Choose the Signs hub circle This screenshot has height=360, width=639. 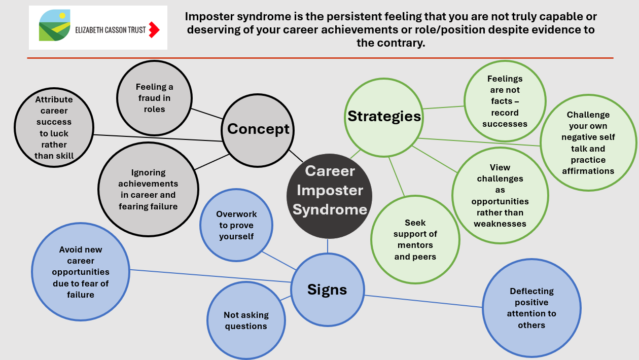pyautogui.click(x=328, y=290)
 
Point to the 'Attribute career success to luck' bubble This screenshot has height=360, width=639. pyautogui.click(x=54, y=128)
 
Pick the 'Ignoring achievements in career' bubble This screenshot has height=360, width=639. pyautogui.click(x=148, y=190)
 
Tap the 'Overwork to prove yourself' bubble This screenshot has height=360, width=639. pyautogui.click(x=236, y=226)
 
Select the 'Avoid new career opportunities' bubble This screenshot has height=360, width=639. pyautogui.click(x=81, y=272)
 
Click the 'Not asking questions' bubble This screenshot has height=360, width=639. pyautogui.click(x=246, y=320)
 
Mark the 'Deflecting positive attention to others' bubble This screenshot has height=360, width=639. pyautogui.click(x=531, y=308)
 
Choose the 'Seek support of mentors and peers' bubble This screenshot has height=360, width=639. pyautogui.click(x=415, y=240)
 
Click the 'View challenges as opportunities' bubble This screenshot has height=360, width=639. pyautogui.click(x=500, y=196)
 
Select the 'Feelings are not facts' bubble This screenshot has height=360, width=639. pyautogui.click(x=505, y=101)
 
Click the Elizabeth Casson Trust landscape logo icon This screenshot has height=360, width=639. pyautogui.click(x=55, y=27)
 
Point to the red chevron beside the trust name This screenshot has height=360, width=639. pyautogui.click(x=154, y=30)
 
